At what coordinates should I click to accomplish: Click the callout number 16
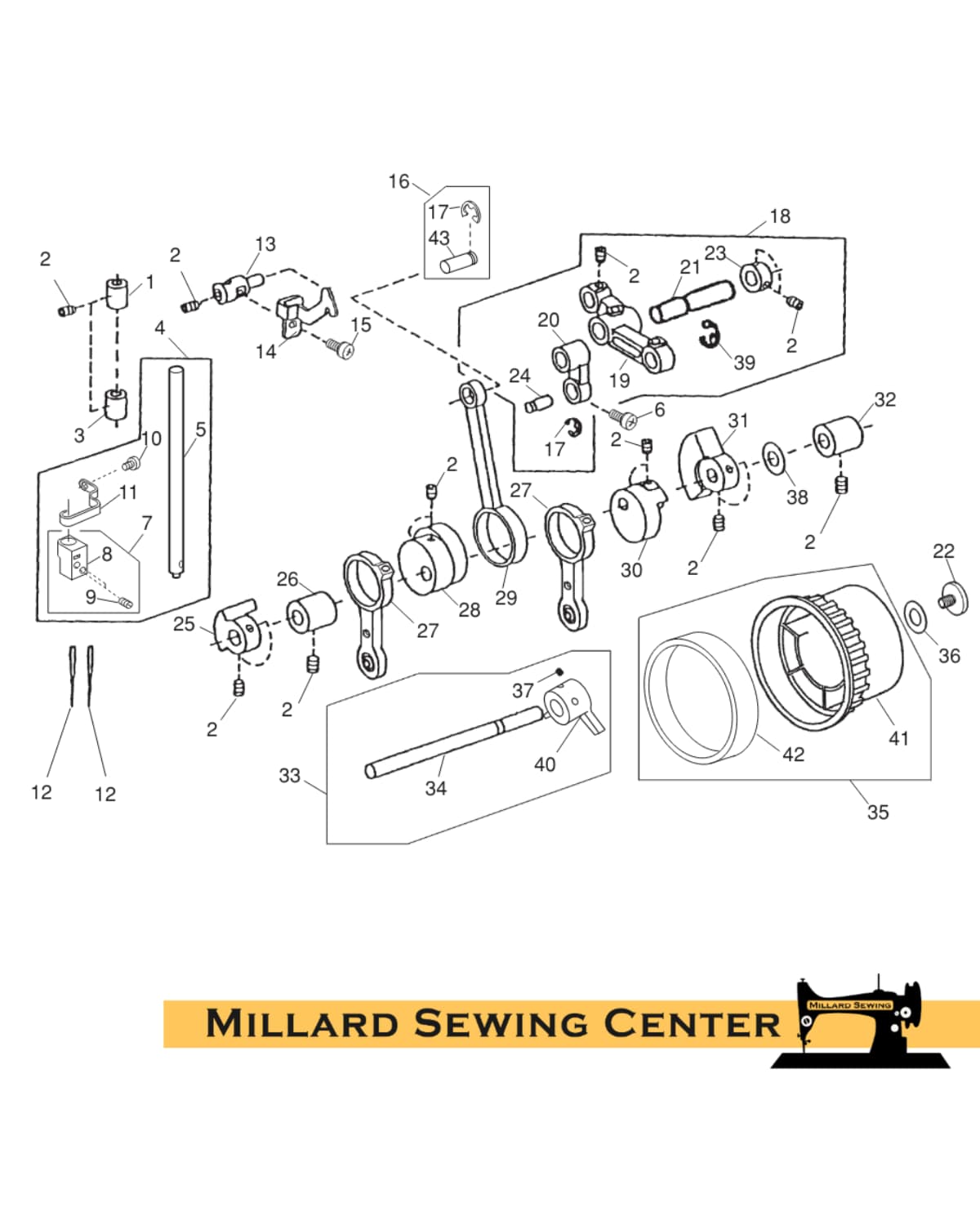point(399,181)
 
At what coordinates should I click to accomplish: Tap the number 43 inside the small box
point(439,238)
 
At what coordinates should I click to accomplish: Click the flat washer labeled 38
point(773,459)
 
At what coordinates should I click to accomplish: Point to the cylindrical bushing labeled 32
point(837,436)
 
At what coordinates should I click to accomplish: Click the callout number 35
point(877,812)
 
